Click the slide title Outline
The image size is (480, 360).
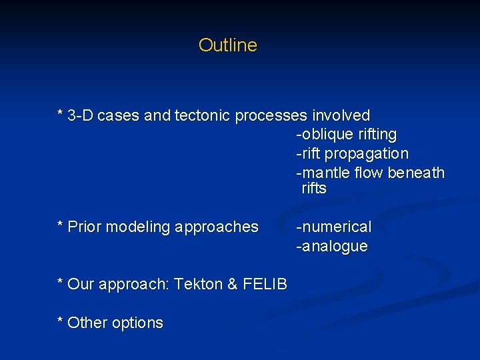pos(227,45)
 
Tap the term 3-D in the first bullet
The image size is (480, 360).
pos(81,115)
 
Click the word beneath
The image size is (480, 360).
pos(416,173)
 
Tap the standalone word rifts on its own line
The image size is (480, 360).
pos(314,189)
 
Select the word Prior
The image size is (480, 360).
pos(85,227)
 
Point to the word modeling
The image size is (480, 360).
pos(139,227)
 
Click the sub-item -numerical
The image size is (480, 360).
pos(334,227)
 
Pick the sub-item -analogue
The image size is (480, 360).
pos(332,247)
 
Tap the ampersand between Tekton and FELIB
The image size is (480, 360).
pos(232,285)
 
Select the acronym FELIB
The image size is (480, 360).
pos(265,285)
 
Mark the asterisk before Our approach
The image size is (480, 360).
pos(61,283)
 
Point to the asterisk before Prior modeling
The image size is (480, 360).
pos(61,225)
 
